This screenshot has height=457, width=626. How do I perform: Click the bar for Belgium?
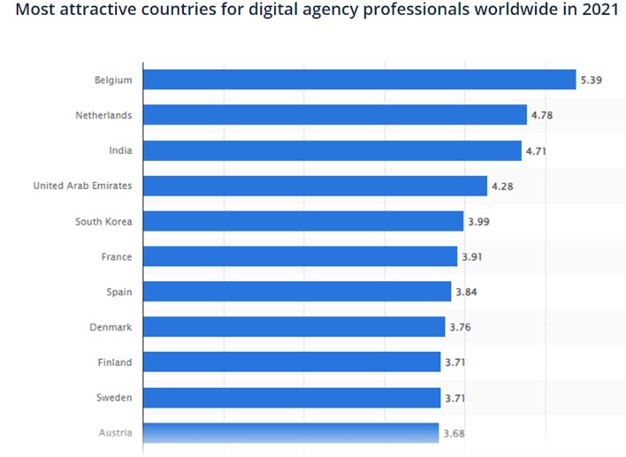click(360, 80)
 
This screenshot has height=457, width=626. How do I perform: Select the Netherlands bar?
click(335, 115)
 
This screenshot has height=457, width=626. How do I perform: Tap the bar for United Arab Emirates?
click(316, 186)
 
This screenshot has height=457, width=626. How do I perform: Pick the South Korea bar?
click(303, 221)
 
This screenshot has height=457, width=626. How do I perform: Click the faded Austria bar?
click(291, 432)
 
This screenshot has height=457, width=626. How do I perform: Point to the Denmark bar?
click(294, 327)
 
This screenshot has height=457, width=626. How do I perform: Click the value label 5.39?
click(591, 80)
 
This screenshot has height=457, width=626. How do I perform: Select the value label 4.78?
click(542, 115)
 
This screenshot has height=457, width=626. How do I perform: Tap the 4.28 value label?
click(502, 187)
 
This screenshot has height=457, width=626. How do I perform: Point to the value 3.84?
click(466, 293)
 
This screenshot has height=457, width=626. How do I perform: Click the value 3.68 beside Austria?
click(454, 433)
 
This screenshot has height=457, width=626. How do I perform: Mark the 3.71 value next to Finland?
click(455, 362)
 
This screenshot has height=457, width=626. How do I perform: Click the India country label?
click(120, 150)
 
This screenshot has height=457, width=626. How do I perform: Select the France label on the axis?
click(117, 256)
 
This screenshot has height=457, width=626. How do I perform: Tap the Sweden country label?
click(114, 398)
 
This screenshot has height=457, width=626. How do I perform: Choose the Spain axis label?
click(119, 293)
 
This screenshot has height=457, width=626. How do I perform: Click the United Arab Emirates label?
click(82, 186)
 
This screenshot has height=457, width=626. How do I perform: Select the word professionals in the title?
click(416, 10)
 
